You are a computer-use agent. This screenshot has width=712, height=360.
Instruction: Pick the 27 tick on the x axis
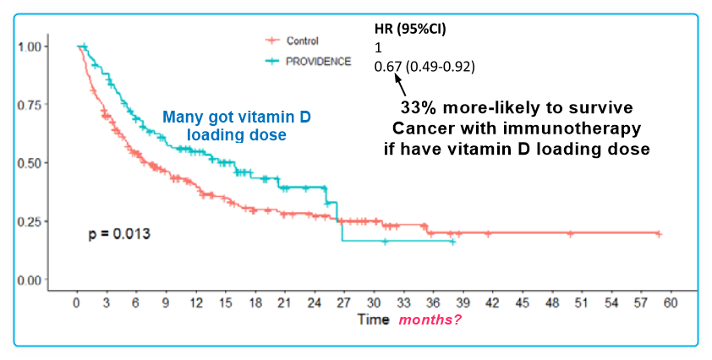[343, 303]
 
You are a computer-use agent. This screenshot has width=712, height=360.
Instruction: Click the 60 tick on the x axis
[671, 303]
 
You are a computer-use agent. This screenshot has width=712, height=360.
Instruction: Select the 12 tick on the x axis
[195, 303]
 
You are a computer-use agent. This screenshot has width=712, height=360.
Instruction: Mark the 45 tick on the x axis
[522, 303]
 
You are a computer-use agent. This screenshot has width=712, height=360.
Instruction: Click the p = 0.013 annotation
[120, 232]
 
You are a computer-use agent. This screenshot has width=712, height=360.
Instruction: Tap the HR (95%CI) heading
[411, 29]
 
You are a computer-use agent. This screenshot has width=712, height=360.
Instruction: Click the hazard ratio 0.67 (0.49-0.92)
[425, 66]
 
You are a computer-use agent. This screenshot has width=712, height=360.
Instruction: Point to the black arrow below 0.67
[402, 85]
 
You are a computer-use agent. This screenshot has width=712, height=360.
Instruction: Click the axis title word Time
[372, 320]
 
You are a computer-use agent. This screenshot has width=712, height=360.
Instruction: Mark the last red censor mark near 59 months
[659, 234]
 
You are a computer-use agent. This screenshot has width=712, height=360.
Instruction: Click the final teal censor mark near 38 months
[453, 242]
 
